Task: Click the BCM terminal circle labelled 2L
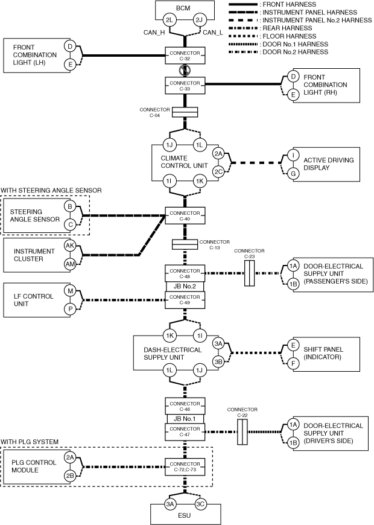click(170, 20)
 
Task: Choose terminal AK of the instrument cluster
click(70, 246)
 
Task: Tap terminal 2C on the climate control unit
click(218, 171)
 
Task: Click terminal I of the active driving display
click(293, 155)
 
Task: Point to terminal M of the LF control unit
click(70, 291)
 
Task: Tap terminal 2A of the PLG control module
click(70, 457)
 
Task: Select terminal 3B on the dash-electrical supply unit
click(218, 361)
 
